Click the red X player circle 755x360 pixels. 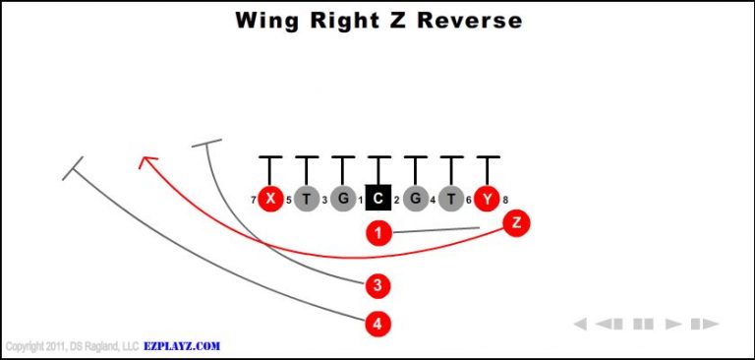tap(269, 199)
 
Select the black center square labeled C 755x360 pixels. tap(378, 199)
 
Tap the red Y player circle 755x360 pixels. tap(487, 199)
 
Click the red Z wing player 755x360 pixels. tap(516, 222)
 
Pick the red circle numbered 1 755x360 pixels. tap(378, 233)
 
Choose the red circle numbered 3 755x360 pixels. tap(377, 286)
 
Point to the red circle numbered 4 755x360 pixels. tap(377, 322)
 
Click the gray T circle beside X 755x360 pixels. tap(306, 199)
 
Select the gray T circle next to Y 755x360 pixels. tap(450, 199)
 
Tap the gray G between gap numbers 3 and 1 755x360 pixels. tap(342, 199)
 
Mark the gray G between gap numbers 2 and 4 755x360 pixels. tap(415, 199)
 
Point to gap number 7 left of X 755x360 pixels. tap(253, 201)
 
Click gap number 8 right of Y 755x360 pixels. tap(505, 201)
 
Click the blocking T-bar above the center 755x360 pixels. tap(378, 157)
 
